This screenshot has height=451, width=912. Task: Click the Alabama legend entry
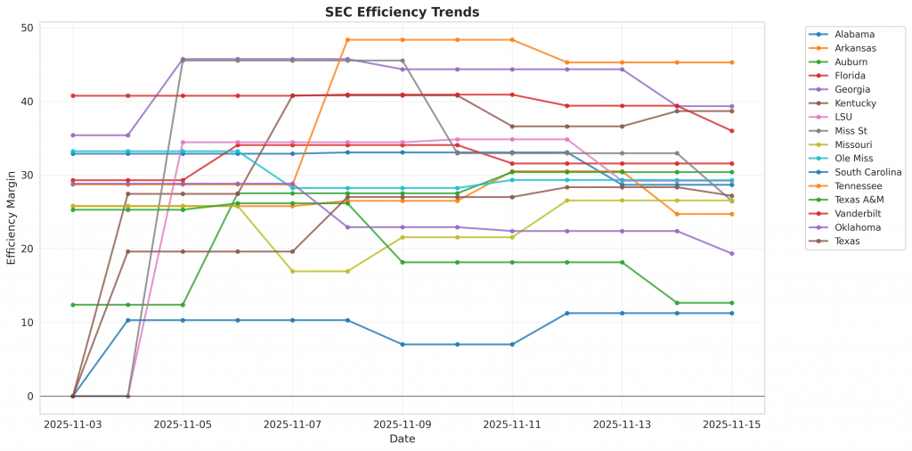click(x=854, y=33)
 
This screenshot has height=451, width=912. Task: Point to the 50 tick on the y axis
click(x=26, y=28)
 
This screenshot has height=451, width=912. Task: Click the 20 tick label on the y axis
click(x=26, y=249)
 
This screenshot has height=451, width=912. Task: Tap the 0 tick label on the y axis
click(x=29, y=397)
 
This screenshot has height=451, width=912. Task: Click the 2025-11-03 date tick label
click(x=73, y=425)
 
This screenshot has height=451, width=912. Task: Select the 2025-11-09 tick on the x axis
click(x=403, y=425)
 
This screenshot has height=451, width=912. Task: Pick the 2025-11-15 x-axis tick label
click(x=732, y=425)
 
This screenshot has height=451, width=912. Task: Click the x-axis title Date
click(x=403, y=439)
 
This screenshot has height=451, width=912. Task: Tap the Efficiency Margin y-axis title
click(x=11, y=212)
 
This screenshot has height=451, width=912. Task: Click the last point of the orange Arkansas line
click(x=732, y=62)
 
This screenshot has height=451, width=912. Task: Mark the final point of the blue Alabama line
click(x=732, y=313)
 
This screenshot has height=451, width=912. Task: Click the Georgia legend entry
click(x=853, y=89)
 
